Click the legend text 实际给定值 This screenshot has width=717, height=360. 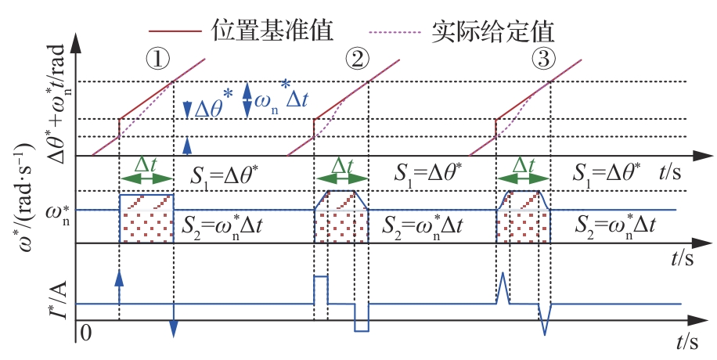point(492,31)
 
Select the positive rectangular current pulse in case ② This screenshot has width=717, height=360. point(320,287)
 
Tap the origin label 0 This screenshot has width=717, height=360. point(87,335)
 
